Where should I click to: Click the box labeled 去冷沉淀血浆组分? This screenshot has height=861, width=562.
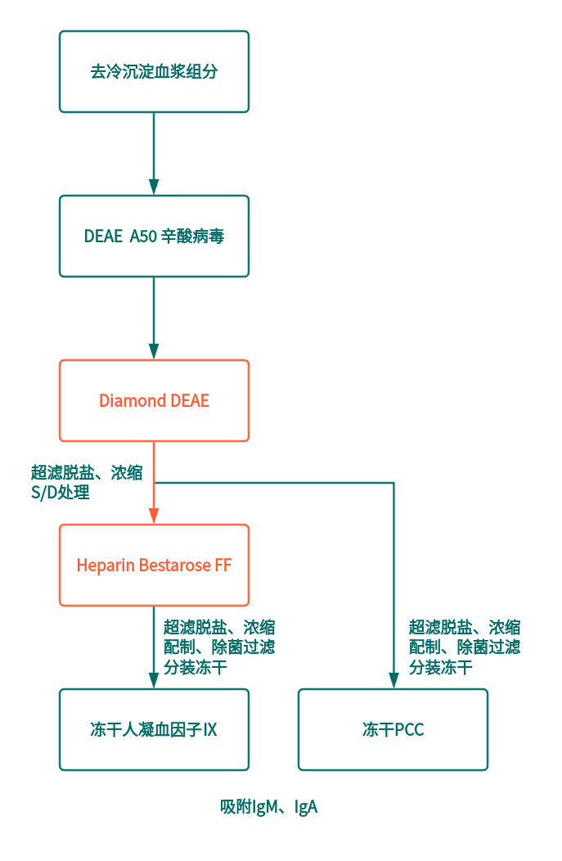(154, 71)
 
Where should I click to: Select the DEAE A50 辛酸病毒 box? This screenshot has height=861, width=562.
(154, 236)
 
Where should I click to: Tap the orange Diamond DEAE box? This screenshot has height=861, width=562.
(154, 400)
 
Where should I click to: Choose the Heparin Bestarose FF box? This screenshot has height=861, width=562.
(154, 565)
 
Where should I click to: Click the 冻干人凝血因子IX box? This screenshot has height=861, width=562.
(154, 729)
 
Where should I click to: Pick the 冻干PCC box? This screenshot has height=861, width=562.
(393, 729)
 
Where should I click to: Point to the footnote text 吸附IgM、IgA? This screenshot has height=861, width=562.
(268, 807)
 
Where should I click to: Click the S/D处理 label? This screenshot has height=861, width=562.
(60, 493)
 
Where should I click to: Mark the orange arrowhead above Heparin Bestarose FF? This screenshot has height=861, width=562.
(154, 516)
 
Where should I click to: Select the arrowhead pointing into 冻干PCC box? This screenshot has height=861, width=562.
(393, 680)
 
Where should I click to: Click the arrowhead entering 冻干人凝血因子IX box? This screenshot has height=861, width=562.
(154, 680)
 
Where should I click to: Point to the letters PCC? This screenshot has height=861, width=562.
(409, 729)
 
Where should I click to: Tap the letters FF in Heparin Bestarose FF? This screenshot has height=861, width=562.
(223, 565)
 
